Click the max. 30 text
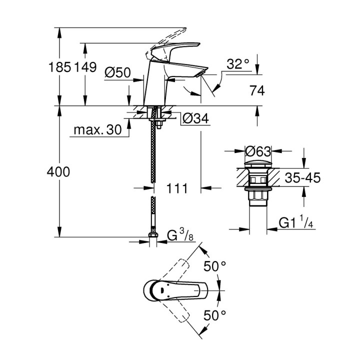[97, 130]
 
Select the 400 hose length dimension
[59, 172]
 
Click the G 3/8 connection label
[177, 234]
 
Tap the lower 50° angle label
[215, 314]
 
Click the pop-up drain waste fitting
[258, 180]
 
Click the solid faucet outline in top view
[170, 290]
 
